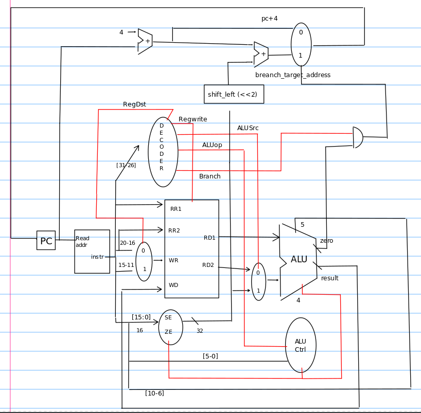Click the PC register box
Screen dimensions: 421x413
[x=46, y=240]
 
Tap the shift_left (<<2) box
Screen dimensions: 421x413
[x=234, y=94]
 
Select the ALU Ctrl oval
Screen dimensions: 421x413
[x=301, y=345]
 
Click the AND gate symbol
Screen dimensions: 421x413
[x=358, y=137]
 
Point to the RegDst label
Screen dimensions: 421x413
[x=134, y=104]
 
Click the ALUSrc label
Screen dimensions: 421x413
[x=248, y=128]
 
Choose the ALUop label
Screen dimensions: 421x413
[x=212, y=145]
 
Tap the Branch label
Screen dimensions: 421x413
[x=209, y=176]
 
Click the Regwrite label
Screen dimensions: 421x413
[x=193, y=119]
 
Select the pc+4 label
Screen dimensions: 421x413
[x=270, y=19]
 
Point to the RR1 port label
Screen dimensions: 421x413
[x=176, y=209]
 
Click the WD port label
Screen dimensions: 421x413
[x=173, y=285]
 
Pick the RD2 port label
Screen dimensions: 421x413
[x=208, y=265]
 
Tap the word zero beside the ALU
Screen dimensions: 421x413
[x=326, y=241]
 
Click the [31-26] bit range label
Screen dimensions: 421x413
[x=126, y=165]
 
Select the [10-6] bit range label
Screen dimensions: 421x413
[x=154, y=393]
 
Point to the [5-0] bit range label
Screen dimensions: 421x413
[x=210, y=356]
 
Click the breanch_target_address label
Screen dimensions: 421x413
[x=293, y=75]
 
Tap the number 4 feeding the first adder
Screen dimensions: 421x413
[x=121, y=32]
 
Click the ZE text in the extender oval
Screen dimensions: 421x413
[x=168, y=332]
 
